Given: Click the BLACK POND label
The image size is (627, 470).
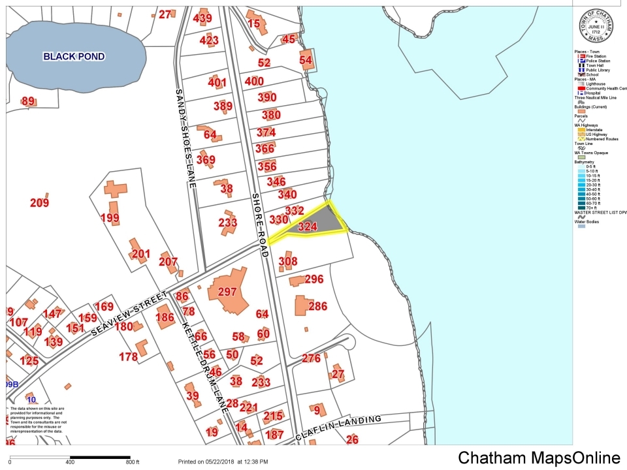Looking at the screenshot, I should point(74,57).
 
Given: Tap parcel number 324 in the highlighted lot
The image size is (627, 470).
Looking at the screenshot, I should point(307,227).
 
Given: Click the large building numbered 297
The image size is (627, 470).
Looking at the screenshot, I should point(227,291).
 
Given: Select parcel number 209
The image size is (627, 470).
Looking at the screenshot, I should point(40,203).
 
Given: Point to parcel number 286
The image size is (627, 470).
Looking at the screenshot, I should point(317,306).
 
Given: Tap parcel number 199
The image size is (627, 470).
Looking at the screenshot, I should point(110,217).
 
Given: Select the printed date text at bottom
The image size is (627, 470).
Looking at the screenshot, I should point(223,462).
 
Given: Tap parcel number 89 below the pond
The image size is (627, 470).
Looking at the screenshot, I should point(28,101).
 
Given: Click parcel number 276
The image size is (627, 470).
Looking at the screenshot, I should point(311,358).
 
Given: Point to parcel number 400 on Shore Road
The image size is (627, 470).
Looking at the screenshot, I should point(253,82).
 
